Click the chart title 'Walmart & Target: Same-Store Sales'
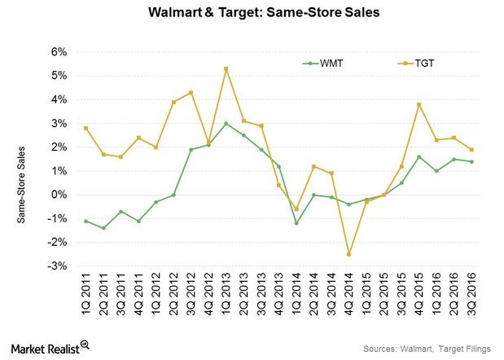(x=252, y=14)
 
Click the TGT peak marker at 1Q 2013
(x=226, y=68)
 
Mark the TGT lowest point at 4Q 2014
(x=349, y=254)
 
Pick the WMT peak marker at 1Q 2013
(x=226, y=124)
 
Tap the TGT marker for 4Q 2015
(x=420, y=104)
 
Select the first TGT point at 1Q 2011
(x=85, y=128)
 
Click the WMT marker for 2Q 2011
(x=103, y=228)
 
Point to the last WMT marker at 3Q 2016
(x=473, y=162)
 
